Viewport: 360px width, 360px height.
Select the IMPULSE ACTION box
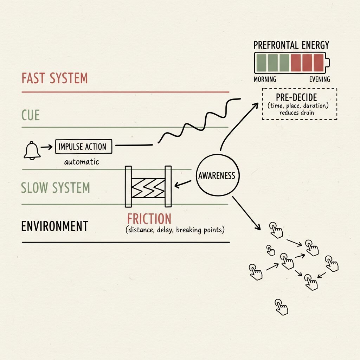pyautogui.click(x=84, y=147)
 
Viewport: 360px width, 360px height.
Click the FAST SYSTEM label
pyautogui.click(x=54, y=78)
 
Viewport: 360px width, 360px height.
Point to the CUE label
pyautogui.click(x=31, y=115)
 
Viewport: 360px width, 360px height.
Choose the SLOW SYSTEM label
pyautogui.click(x=55, y=188)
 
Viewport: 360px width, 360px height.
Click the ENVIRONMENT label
pyautogui.click(x=54, y=226)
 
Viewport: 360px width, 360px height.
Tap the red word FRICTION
pyautogui.click(x=149, y=219)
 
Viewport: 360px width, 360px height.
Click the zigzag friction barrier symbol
pyautogui.click(x=148, y=187)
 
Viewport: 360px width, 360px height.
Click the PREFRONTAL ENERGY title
pyautogui.click(x=291, y=45)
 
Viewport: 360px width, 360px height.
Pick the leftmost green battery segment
pyautogui.click(x=261, y=63)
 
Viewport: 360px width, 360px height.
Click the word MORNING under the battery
pyautogui.click(x=265, y=79)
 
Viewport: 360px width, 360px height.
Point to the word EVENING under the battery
pyautogui.click(x=319, y=79)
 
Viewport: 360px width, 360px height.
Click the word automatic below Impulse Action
pyautogui.click(x=82, y=162)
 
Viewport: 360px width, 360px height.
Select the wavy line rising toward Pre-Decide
pyautogui.click(x=197, y=120)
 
